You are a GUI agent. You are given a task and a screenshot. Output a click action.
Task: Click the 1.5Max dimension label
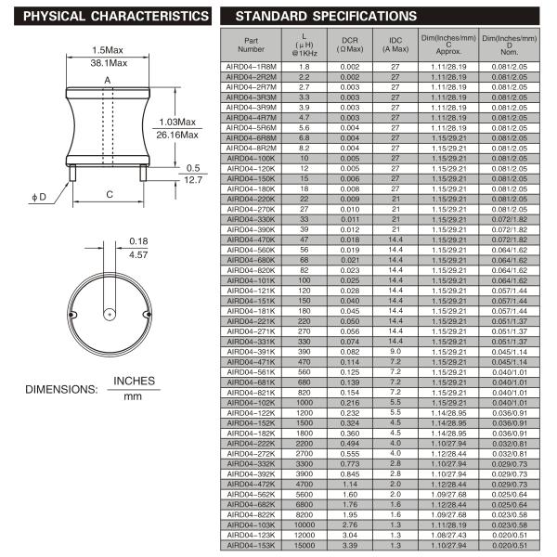click(x=109, y=49)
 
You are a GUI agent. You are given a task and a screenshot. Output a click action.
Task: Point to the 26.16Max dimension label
click(x=178, y=135)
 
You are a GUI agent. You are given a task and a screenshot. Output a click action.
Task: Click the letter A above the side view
click(x=108, y=81)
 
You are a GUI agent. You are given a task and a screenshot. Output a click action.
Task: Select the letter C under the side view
click(x=109, y=194)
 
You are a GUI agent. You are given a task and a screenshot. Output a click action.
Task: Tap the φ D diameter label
click(x=40, y=196)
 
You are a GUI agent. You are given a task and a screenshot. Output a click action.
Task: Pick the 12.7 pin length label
click(x=192, y=180)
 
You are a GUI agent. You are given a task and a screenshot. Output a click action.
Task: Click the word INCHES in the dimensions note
click(x=134, y=382)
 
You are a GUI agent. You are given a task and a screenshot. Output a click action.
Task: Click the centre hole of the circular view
click(x=110, y=314)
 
